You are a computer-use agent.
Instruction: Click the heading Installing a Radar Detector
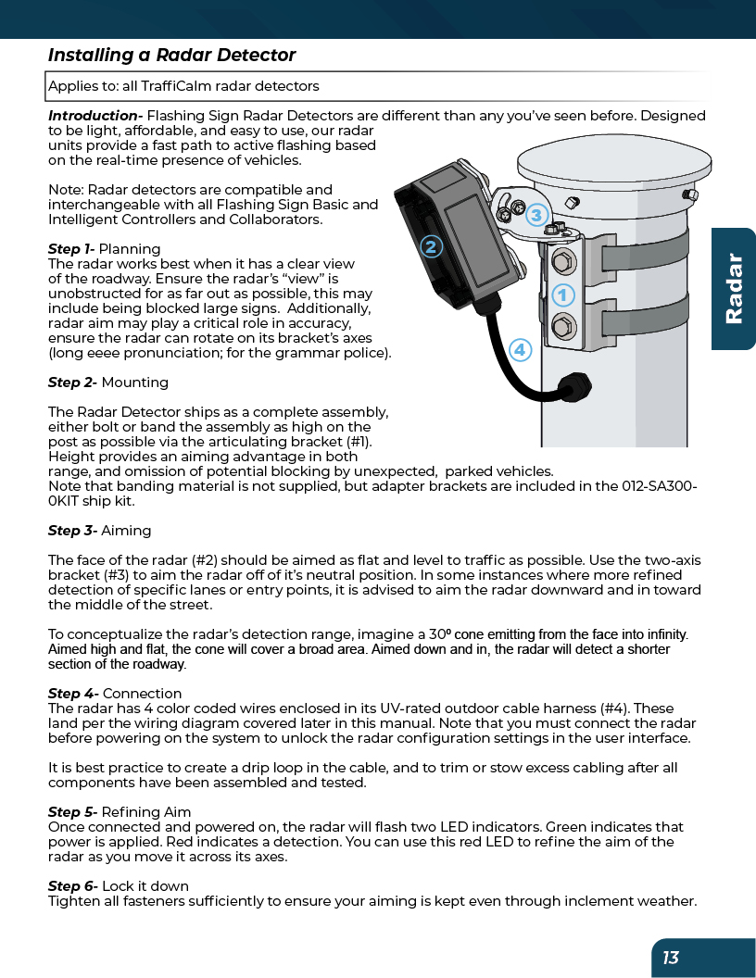click(171, 56)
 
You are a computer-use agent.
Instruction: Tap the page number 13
click(671, 958)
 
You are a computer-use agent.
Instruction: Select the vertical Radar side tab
click(734, 288)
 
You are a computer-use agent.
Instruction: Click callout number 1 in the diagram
click(562, 295)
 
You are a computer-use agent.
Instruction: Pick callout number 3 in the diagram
click(535, 217)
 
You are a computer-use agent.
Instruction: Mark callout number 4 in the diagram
click(521, 350)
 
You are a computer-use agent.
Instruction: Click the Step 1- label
click(71, 249)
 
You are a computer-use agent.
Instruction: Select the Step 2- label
click(72, 382)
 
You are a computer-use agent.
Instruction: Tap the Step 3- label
click(72, 531)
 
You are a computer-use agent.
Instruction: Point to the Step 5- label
click(72, 812)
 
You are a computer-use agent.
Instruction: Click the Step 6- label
click(72, 886)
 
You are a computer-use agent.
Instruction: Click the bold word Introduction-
click(95, 116)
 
